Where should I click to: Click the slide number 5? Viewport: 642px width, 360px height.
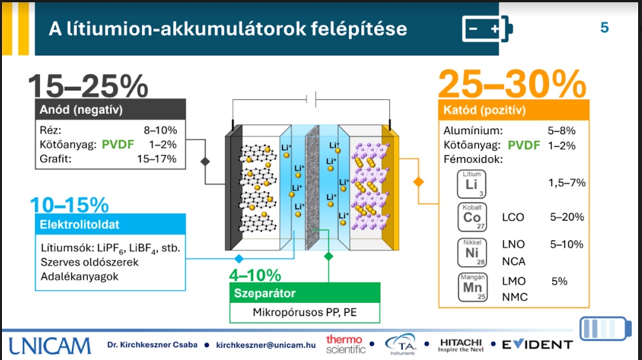[x=604, y=28]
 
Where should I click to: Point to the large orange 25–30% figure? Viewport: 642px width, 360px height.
[x=512, y=83]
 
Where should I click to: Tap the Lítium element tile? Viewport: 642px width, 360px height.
[x=471, y=183]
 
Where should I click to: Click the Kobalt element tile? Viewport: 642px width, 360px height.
[x=471, y=217]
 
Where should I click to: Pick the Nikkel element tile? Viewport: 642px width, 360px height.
[x=471, y=252]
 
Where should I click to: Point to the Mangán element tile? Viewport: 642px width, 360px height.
[x=471, y=286]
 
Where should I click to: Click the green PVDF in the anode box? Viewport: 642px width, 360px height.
[x=118, y=144]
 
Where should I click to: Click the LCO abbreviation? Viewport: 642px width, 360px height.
[x=513, y=217]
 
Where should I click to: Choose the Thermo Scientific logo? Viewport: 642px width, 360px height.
[x=345, y=344]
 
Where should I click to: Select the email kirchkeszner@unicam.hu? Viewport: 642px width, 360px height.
[x=265, y=345]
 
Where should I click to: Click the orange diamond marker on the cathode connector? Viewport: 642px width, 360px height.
[x=418, y=181]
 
